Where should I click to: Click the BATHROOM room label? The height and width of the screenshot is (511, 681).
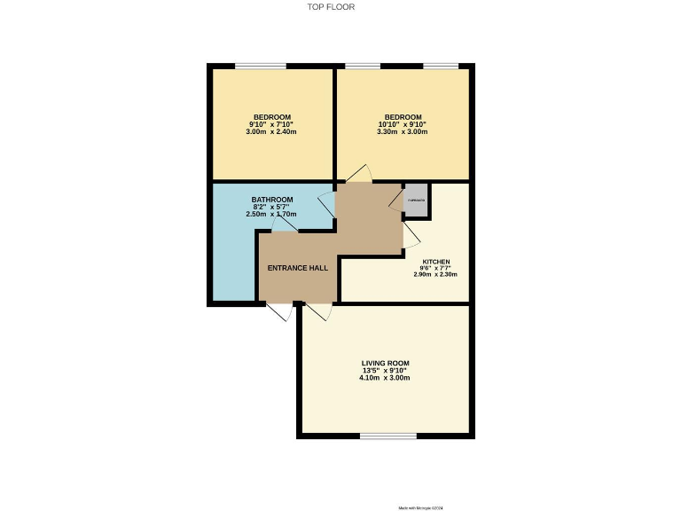(272, 200)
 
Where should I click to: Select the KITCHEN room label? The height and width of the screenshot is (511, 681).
(435, 262)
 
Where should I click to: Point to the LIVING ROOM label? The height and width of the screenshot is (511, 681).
(385, 363)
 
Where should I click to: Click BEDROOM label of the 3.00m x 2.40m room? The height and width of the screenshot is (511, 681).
(272, 117)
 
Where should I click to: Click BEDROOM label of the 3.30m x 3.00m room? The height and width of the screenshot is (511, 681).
(403, 117)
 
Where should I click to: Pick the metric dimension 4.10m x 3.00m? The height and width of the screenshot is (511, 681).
(385, 378)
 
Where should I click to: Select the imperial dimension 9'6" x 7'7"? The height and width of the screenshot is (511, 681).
(435, 268)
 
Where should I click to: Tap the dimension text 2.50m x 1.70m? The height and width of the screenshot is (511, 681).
(272, 215)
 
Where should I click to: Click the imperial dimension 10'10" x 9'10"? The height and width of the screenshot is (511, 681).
(403, 124)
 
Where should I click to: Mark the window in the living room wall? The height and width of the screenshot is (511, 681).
(388, 435)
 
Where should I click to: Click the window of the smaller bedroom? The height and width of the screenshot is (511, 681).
(261, 66)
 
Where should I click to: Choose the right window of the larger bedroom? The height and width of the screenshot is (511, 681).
(440, 66)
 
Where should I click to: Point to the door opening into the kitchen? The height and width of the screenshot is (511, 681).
(411, 234)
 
